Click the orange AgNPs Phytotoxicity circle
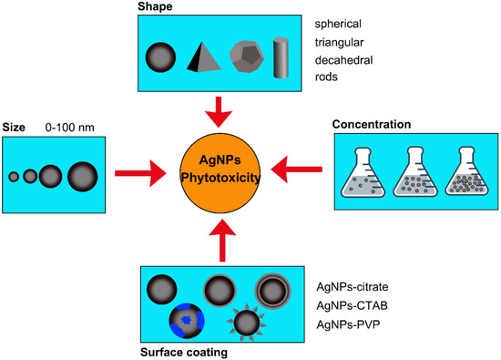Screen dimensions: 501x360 pyautogui.click(x=220, y=172)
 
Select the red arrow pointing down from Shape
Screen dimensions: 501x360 pyautogui.click(x=219, y=112)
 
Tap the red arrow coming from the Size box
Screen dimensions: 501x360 pyautogui.click(x=140, y=173)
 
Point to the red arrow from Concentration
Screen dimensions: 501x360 pyautogui.click(x=297, y=170)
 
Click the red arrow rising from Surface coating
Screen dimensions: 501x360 pyautogui.click(x=222, y=241)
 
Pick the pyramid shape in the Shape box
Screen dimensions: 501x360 pyautogui.click(x=203, y=57)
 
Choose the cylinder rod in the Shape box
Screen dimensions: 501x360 pyautogui.click(x=281, y=57)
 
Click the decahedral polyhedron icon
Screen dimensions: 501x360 pyautogui.click(x=247, y=57)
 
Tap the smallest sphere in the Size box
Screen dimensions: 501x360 pyautogui.click(x=14, y=177)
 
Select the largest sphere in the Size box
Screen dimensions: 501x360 pyautogui.click(x=82, y=177)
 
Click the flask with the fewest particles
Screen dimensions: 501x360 pyautogui.click(x=363, y=172)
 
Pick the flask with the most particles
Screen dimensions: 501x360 pyautogui.click(x=466, y=171)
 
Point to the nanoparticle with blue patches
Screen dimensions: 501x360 pyautogui.click(x=187, y=321)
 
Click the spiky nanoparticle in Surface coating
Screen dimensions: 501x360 pyautogui.click(x=247, y=323)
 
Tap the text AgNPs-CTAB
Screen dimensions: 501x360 pyautogui.click(x=353, y=305)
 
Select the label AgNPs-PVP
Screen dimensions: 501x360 pyautogui.click(x=348, y=324)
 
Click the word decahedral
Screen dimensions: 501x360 pyautogui.click(x=343, y=60)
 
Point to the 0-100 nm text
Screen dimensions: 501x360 pyautogui.click(x=69, y=128)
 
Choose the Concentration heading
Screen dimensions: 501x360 pyautogui.click(x=372, y=124)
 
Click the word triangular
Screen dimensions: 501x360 pyautogui.click(x=340, y=43)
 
